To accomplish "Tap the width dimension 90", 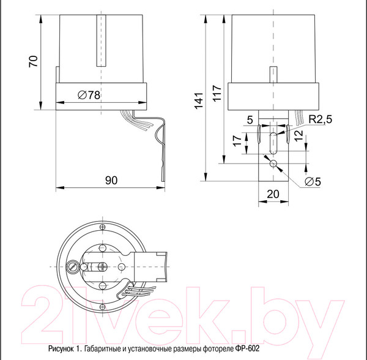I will [x=111, y=181].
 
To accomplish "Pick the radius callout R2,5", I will [x=321, y=121].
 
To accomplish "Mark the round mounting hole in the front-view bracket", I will [x=272, y=163].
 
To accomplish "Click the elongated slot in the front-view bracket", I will [x=272, y=141].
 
